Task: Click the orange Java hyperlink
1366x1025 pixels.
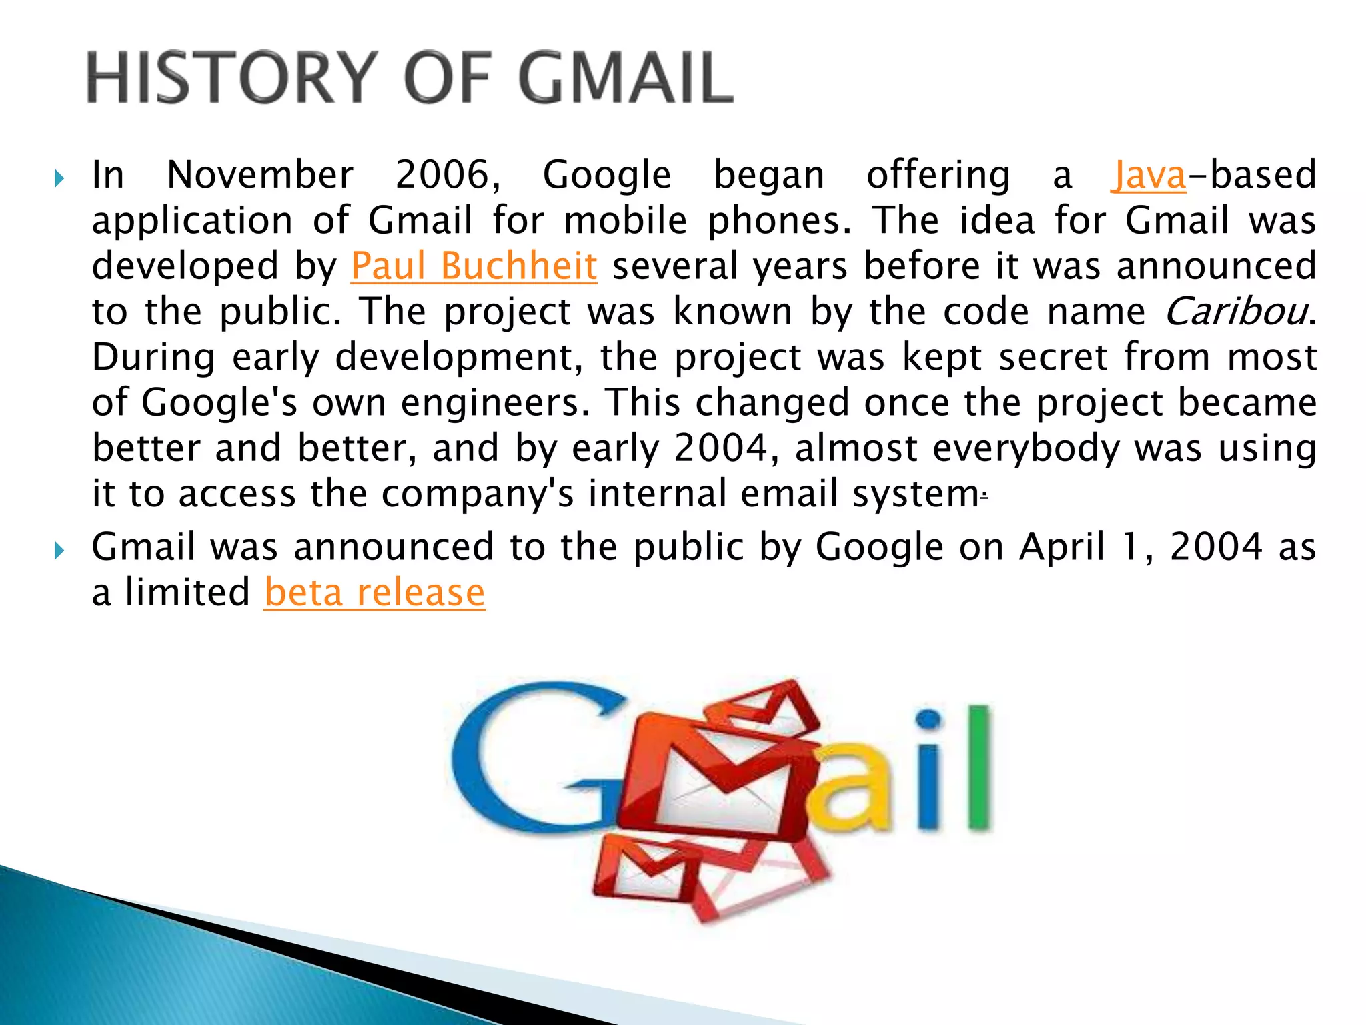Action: [x=1148, y=176]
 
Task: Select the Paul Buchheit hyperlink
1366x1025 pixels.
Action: [x=474, y=266]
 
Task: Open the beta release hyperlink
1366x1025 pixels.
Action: [x=374, y=593]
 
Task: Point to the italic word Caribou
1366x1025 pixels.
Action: [x=1235, y=312]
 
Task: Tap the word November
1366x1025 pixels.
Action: [x=260, y=176]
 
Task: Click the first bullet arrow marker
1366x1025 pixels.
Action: [x=59, y=178]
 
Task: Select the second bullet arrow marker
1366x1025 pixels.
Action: [x=59, y=551]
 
